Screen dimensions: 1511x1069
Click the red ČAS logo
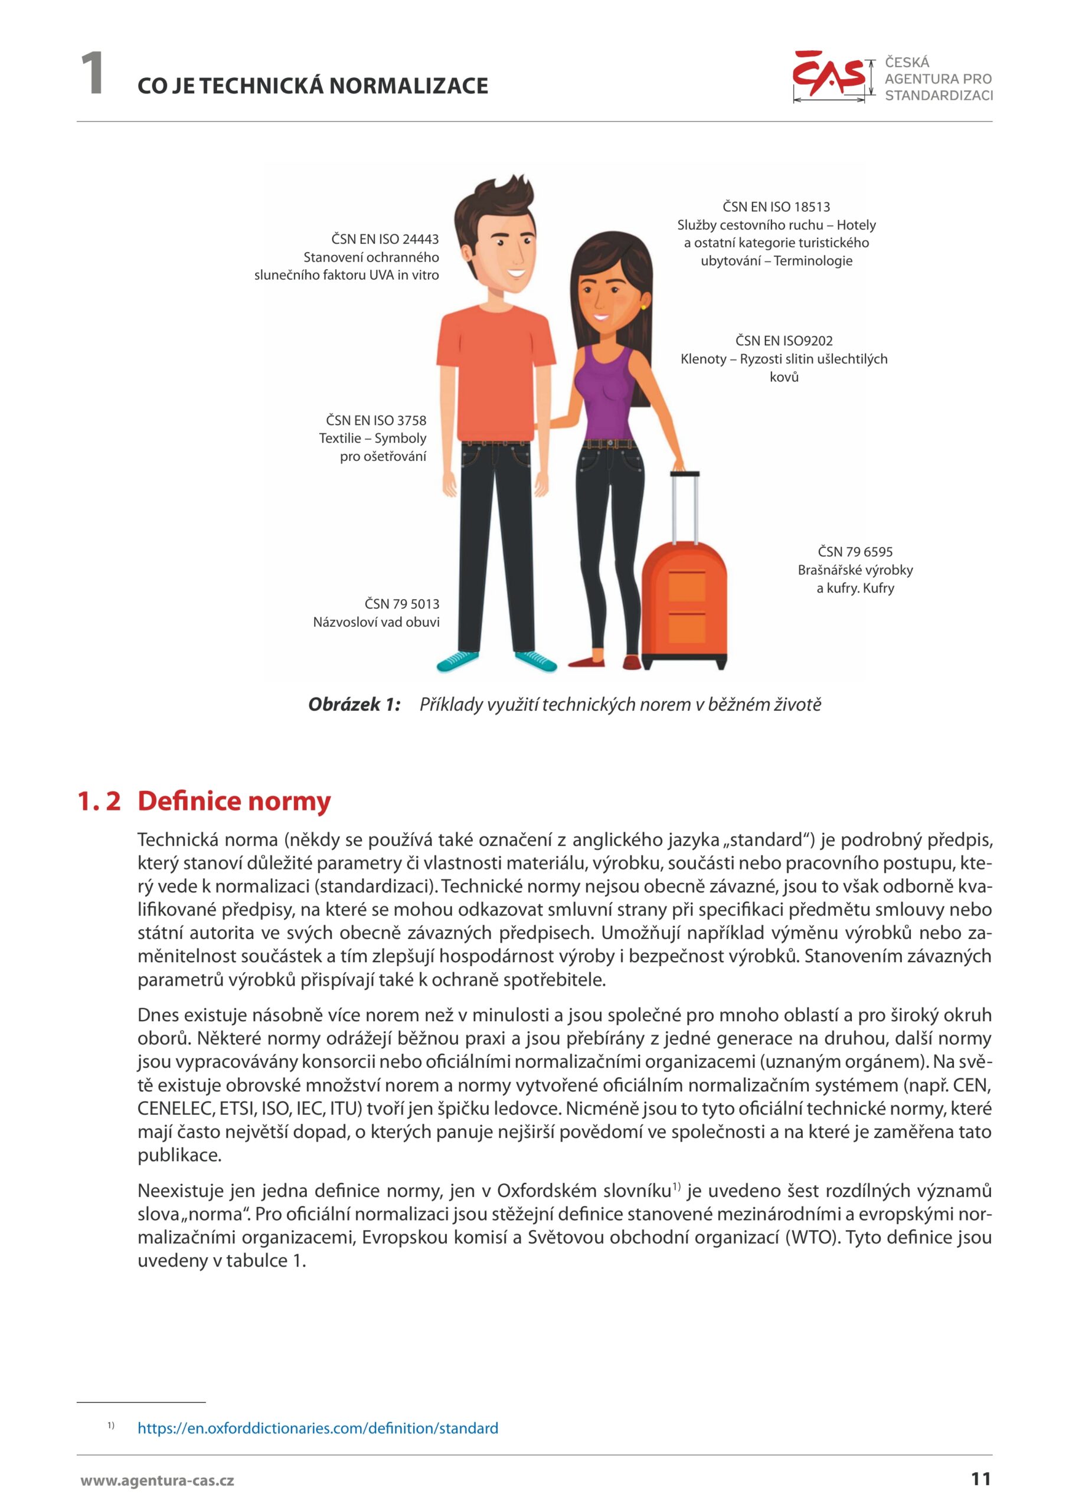coord(829,74)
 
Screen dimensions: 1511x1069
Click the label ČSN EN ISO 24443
coord(384,239)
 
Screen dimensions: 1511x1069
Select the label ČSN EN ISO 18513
coord(776,207)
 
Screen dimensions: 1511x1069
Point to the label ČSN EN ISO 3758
coord(376,420)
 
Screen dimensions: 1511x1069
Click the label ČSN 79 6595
coord(855,551)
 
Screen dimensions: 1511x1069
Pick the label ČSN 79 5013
coord(401,603)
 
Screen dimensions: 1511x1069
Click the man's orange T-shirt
coord(493,375)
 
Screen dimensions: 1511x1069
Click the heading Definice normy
coord(234,801)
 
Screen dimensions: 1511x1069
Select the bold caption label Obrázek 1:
coord(354,705)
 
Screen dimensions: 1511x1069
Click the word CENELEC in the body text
coord(175,1109)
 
